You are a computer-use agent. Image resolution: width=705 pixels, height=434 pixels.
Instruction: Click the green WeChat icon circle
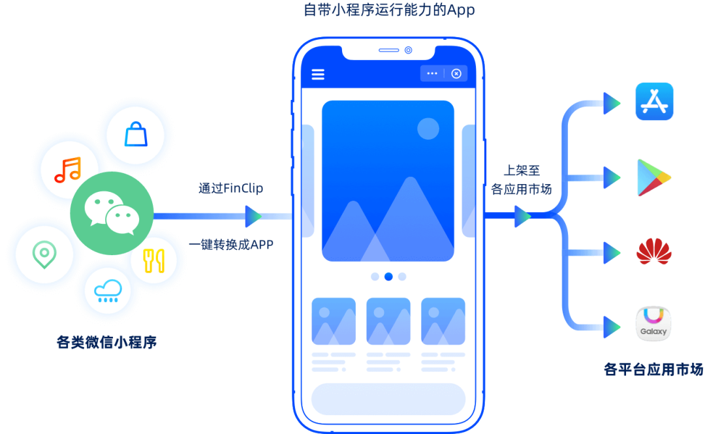pyautogui.click(x=112, y=213)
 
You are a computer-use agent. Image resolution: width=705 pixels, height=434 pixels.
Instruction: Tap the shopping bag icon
pyautogui.click(x=135, y=135)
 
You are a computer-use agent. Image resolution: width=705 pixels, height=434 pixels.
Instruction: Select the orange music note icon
pyautogui.click(x=69, y=170)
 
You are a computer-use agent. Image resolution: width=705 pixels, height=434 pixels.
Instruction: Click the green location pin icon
pyautogui.click(x=44, y=253)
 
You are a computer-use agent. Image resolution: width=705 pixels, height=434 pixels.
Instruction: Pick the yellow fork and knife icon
pyautogui.click(x=154, y=260)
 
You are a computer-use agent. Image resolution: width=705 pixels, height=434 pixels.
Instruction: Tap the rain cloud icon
pyautogui.click(x=107, y=290)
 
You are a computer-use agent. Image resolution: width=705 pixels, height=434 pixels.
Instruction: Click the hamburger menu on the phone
pyautogui.click(x=318, y=74)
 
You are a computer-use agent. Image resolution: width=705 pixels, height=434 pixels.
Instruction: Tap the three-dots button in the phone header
pyautogui.click(x=432, y=74)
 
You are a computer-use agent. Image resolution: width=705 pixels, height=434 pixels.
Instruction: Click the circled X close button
pyautogui.click(x=456, y=74)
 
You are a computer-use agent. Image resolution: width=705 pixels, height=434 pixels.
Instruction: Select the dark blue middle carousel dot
pyautogui.click(x=388, y=277)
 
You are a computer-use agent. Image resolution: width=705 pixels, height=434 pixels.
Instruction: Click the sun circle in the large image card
pyautogui.click(x=428, y=129)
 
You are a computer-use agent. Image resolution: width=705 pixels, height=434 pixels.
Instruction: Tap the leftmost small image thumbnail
pyautogui.click(x=334, y=321)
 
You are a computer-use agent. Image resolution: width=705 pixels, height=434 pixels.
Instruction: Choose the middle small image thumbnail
pyautogui.click(x=388, y=321)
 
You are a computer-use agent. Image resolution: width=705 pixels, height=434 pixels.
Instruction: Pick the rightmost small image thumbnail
pyautogui.click(x=443, y=321)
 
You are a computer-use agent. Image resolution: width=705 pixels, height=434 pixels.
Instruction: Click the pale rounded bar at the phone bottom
pyautogui.click(x=388, y=399)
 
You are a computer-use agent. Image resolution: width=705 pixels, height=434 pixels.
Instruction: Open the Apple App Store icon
pyautogui.click(x=654, y=102)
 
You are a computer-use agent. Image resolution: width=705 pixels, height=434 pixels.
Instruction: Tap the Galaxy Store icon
pyautogui.click(x=654, y=324)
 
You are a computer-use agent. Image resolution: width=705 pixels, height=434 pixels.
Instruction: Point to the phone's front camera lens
pyautogui.click(x=409, y=50)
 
